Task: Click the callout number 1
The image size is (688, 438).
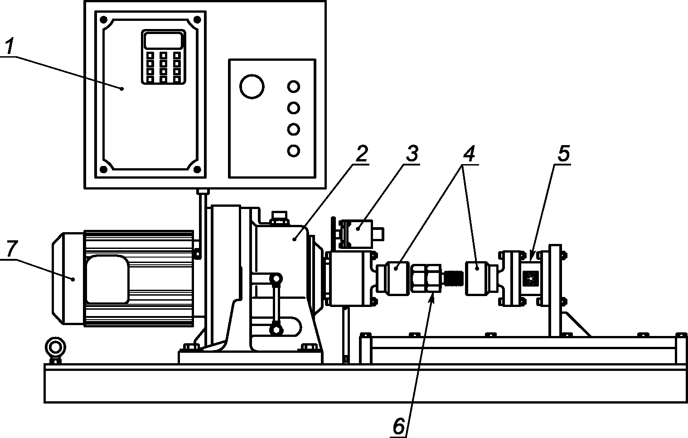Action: click(x=10, y=46)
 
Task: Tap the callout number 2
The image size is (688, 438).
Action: click(x=361, y=153)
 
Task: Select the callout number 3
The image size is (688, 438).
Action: click(x=412, y=153)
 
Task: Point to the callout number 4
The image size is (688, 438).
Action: click(x=469, y=153)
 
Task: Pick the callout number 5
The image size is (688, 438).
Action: click(x=564, y=153)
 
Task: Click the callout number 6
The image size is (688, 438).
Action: click(x=399, y=426)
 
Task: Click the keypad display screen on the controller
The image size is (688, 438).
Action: click(x=164, y=40)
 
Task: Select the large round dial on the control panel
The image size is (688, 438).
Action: click(x=252, y=86)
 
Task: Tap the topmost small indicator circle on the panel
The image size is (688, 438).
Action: click(x=294, y=87)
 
